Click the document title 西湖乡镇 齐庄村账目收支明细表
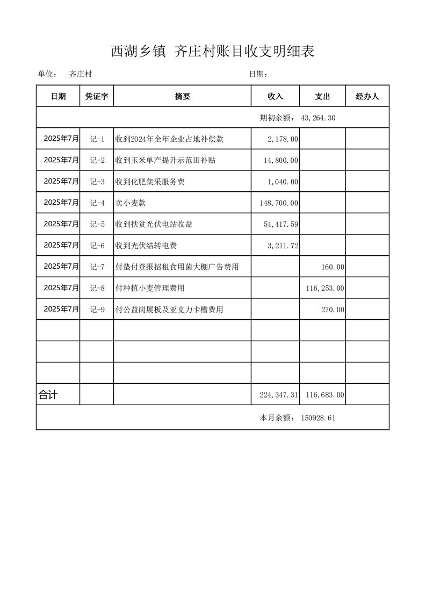(x=212, y=51)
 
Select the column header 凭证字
(x=97, y=96)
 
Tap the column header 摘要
(x=182, y=96)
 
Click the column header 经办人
(x=367, y=96)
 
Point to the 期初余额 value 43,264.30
(x=319, y=118)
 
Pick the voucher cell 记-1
(x=97, y=139)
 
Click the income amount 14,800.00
(x=281, y=160)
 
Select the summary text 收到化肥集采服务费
(x=150, y=182)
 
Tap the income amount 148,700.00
(x=278, y=203)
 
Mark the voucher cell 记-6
(x=97, y=246)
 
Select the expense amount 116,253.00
(x=325, y=288)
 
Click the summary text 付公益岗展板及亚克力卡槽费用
(x=169, y=310)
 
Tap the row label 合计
(x=48, y=395)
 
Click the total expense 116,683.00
(x=325, y=395)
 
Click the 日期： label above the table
(x=258, y=75)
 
